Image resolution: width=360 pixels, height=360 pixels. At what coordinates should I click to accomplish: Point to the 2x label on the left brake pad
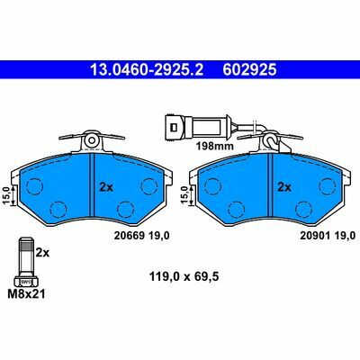tap(104, 187)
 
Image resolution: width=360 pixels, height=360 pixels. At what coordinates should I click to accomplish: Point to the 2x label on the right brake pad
tap(284, 187)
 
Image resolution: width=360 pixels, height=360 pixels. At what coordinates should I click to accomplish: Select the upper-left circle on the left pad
tap(35, 187)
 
